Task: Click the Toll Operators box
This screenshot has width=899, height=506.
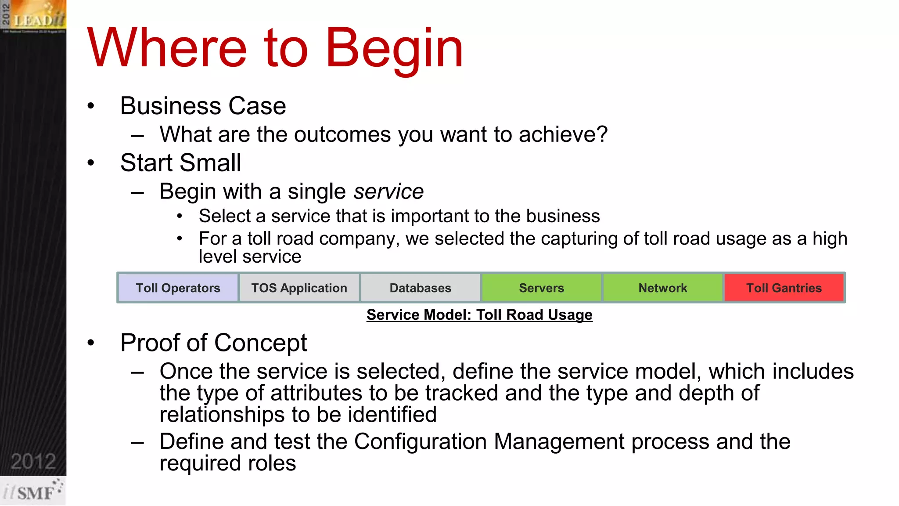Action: pyautogui.click(x=178, y=288)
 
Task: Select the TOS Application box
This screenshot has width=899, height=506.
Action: pyautogui.click(x=299, y=288)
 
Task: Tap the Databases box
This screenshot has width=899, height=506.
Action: pyautogui.click(x=420, y=288)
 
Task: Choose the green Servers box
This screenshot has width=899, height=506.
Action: pyautogui.click(x=541, y=288)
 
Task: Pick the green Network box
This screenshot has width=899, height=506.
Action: pyautogui.click(x=662, y=288)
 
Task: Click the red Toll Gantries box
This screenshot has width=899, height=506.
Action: pyautogui.click(x=784, y=288)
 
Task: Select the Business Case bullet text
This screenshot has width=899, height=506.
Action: pyautogui.click(x=203, y=106)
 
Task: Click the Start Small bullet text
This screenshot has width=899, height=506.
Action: pyautogui.click(x=180, y=163)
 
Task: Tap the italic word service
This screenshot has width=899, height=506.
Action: pyautogui.click(x=388, y=192)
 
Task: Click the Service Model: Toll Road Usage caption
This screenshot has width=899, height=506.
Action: pyautogui.click(x=479, y=315)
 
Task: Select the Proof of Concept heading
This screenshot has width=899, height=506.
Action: pyautogui.click(x=213, y=343)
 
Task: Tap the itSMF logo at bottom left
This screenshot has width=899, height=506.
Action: pyautogui.click(x=33, y=492)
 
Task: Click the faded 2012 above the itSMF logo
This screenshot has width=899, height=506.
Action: pyautogui.click(x=33, y=462)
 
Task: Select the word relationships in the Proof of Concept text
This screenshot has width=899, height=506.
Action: pyautogui.click(x=222, y=415)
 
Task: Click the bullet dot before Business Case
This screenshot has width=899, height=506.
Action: pyautogui.click(x=91, y=106)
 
